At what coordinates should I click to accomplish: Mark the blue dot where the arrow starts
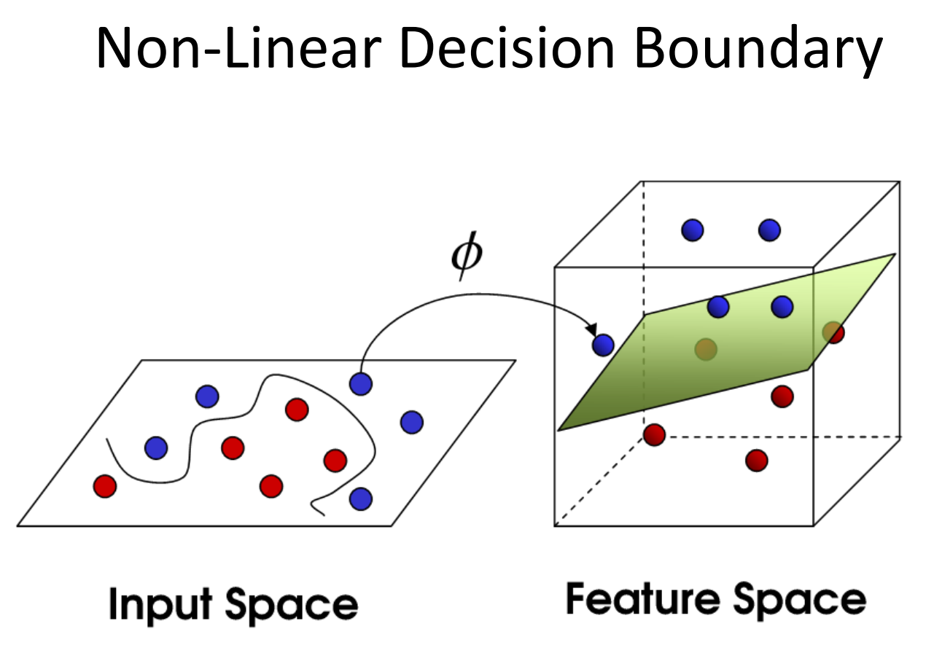click(x=361, y=383)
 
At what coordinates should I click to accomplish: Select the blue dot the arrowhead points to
click(x=603, y=344)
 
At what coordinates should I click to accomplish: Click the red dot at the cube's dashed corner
click(x=654, y=435)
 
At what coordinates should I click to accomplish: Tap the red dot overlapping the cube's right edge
click(x=833, y=333)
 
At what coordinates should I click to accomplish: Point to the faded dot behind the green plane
click(x=705, y=349)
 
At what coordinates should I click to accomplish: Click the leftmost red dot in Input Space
click(x=105, y=485)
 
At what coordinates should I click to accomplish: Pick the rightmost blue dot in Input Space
click(x=411, y=422)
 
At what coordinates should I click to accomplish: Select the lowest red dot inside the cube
click(x=757, y=460)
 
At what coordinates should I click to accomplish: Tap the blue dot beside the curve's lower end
click(x=360, y=499)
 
